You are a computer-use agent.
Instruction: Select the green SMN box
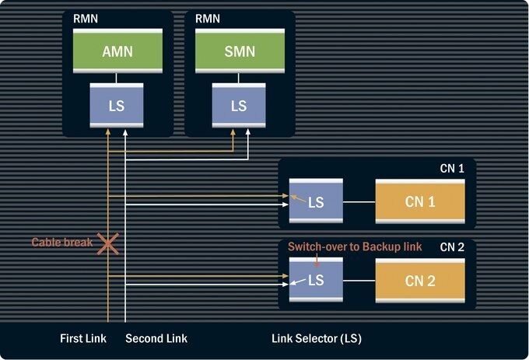239,51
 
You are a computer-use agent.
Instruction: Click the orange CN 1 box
420,202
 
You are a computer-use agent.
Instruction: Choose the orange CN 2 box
420,280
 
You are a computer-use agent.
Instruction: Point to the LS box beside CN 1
316,202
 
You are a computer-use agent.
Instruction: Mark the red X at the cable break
107,243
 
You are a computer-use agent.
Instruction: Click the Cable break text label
61,243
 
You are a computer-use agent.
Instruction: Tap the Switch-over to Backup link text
355,246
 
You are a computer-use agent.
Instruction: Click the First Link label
83,338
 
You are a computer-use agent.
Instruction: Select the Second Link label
156,338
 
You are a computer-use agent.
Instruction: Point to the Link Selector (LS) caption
317,338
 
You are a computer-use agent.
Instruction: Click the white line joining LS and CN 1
359,203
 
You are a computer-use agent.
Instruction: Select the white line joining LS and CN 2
359,281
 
